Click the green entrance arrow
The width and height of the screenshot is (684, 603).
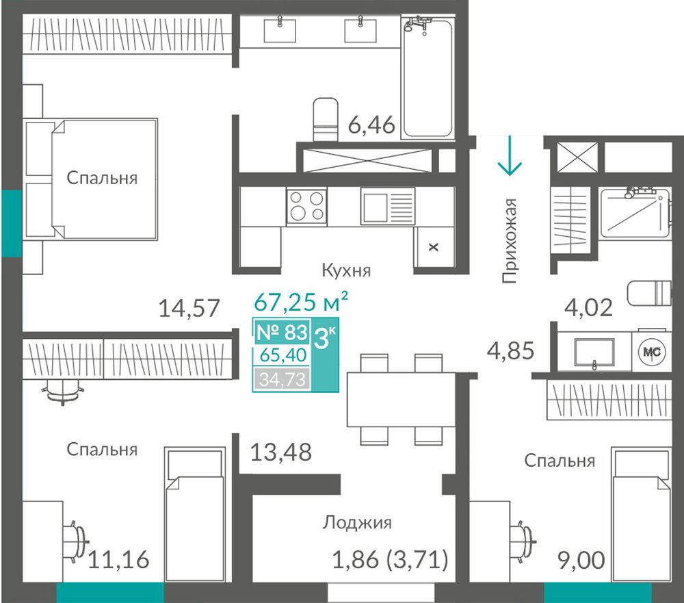(x=510, y=155)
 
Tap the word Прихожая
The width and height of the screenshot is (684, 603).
(x=510, y=241)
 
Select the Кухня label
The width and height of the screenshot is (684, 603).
(x=346, y=270)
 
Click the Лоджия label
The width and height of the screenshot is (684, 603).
(x=357, y=522)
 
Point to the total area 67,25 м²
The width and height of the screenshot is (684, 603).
(x=301, y=301)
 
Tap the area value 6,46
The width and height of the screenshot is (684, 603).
(x=371, y=125)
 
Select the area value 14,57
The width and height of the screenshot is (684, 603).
(x=189, y=308)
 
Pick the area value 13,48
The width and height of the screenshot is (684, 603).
(x=281, y=452)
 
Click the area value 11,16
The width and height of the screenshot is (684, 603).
(x=118, y=559)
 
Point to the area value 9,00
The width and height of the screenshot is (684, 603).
(x=581, y=560)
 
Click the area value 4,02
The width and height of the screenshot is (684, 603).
(x=588, y=307)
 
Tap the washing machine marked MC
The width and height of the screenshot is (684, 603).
(x=652, y=352)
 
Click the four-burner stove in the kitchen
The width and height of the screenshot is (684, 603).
(x=306, y=206)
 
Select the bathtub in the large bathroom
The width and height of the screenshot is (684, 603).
(x=428, y=78)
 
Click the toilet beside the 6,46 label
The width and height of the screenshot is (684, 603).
(x=326, y=119)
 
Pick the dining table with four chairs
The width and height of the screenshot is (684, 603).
(x=402, y=399)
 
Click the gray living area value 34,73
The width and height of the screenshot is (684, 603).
(x=282, y=379)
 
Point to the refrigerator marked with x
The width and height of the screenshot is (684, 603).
(x=434, y=247)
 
